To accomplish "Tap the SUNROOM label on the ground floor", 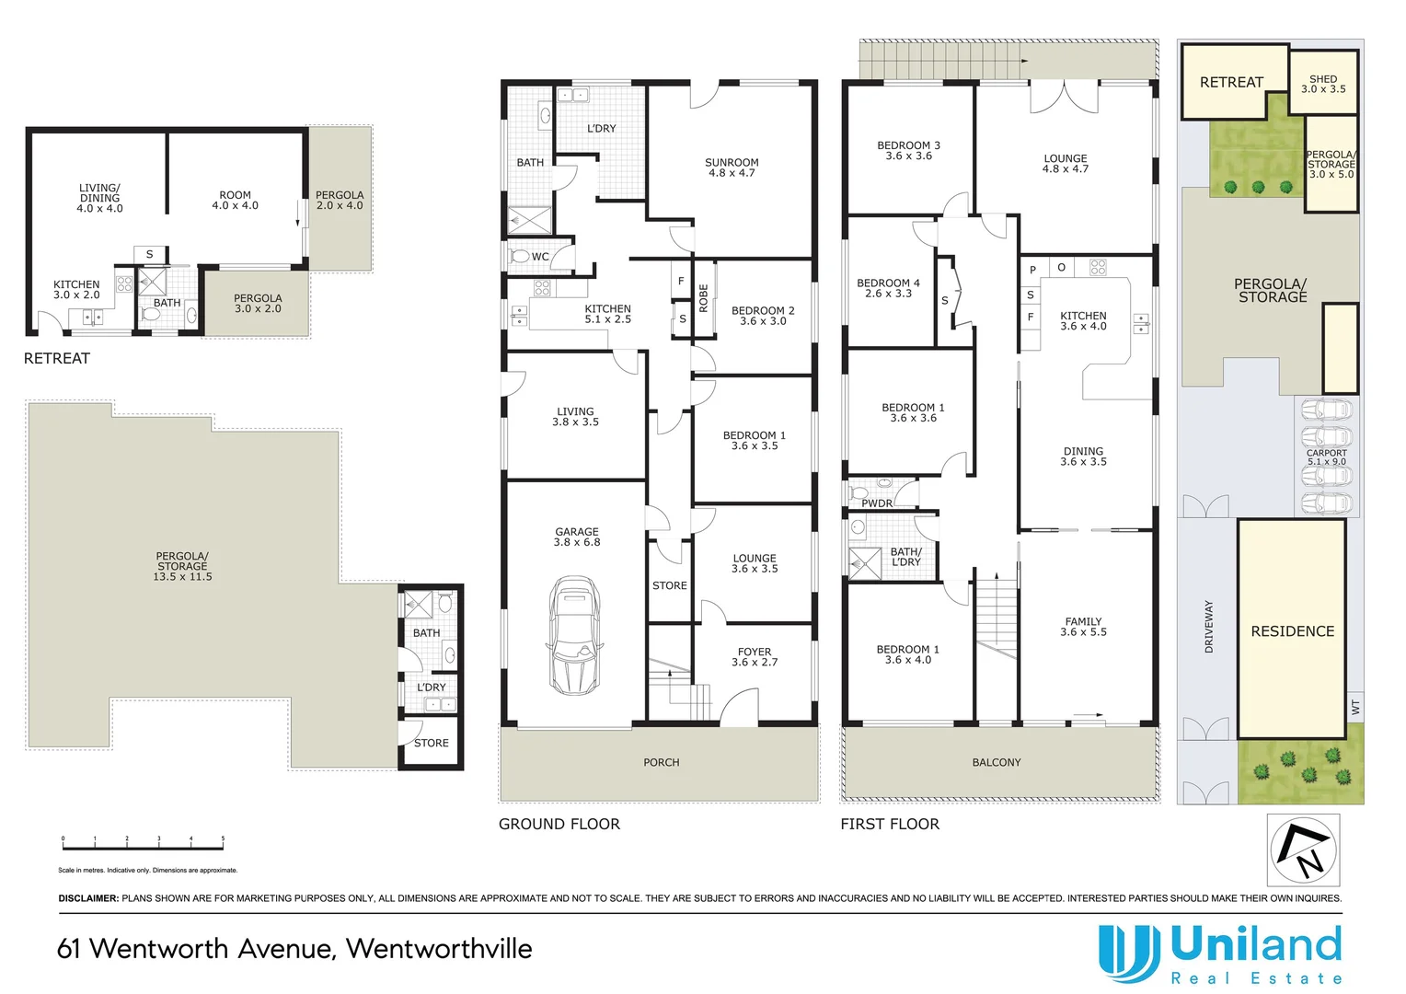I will [732, 163].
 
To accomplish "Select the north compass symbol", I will [1303, 850].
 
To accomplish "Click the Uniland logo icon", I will [1128, 953].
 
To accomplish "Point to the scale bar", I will [143, 843].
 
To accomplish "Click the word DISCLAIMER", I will [88, 898].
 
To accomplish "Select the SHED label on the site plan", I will [1323, 79].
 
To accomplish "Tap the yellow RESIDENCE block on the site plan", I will [1292, 630].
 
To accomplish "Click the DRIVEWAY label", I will [1209, 627].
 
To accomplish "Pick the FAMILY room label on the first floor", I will [1083, 621].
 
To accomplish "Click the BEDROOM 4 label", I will [888, 283].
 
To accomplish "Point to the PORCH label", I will [661, 762].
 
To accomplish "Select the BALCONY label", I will [997, 762].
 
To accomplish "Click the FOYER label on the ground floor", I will [755, 652].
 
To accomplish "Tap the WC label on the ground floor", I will [540, 257].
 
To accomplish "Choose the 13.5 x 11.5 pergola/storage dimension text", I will [182, 577].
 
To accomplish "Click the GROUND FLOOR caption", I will [559, 824].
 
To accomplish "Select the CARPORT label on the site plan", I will [1326, 453].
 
